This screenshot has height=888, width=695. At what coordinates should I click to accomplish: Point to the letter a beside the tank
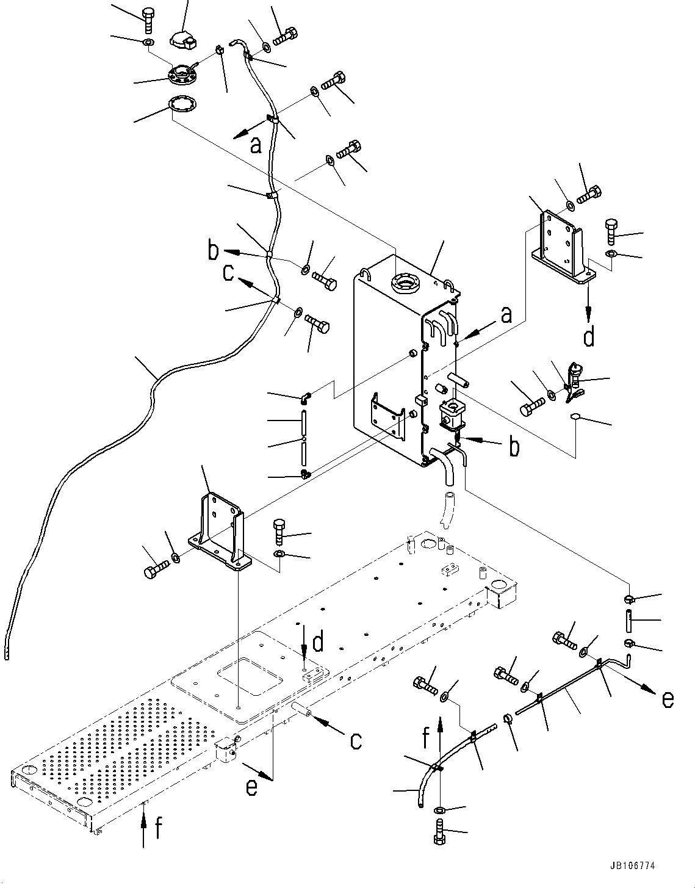tap(506, 316)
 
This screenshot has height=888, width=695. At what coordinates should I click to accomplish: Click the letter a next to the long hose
tap(256, 144)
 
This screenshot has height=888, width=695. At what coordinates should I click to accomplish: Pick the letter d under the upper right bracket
tap(589, 336)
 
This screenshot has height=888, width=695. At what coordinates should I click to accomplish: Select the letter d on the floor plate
tap(317, 643)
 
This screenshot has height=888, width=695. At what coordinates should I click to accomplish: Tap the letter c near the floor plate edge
tap(355, 740)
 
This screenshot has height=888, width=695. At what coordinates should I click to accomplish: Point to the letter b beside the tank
tap(515, 447)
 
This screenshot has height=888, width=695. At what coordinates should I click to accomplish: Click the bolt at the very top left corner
tap(148, 20)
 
